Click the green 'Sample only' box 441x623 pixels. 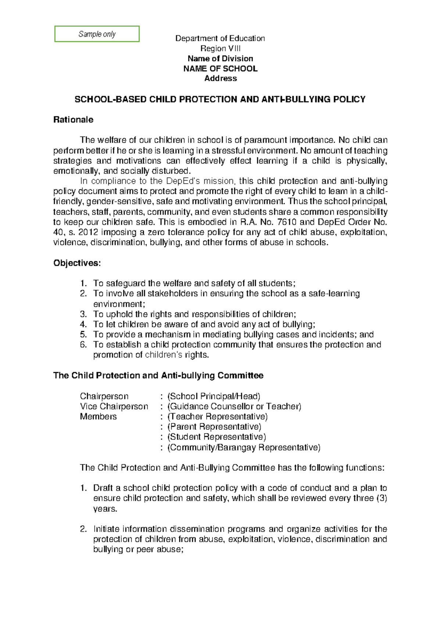coord(97,34)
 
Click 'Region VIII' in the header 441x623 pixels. coord(220,48)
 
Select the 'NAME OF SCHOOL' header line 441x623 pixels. coord(220,69)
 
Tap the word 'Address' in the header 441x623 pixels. coord(220,78)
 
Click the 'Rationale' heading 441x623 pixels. coord(73,120)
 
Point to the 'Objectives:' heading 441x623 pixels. coord(77,263)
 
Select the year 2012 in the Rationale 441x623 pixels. coord(88,232)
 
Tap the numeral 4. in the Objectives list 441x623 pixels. coord(83,324)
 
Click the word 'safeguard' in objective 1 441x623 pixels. coord(126,283)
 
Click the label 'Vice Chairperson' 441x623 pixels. coord(114,407)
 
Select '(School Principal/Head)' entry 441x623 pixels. coord(214,396)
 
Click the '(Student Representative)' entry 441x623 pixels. coord(216,437)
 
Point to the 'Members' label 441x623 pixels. coord(98,417)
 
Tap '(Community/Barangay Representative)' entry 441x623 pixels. coord(244,447)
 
